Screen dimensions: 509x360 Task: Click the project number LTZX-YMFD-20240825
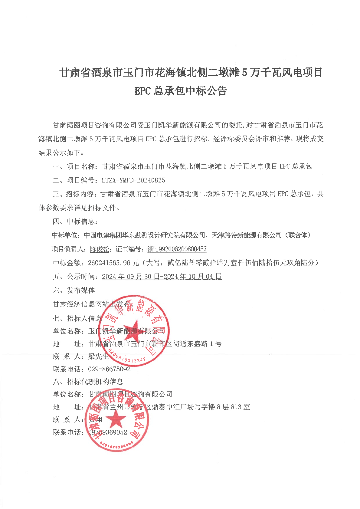pyautogui.click(x=133, y=180)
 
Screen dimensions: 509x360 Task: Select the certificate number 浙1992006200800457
pyautogui.click(x=177, y=249)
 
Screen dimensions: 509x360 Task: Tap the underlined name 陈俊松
pyautogui.click(x=100, y=249)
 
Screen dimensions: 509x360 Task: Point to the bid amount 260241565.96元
pyautogui.click(x=113, y=263)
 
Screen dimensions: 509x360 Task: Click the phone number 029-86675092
pyautogui.click(x=109, y=369)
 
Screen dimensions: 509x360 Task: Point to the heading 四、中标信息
pyautogui.click(x=75, y=222)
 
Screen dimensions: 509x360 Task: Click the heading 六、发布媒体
pyautogui.click(x=74, y=291)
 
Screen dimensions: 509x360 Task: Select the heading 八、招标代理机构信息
pyautogui.click(x=88, y=382)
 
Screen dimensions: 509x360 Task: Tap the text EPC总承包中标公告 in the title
pyautogui.click(x=181, y=90)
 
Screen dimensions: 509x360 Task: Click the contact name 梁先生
pyautogui.click(x=98, y=356)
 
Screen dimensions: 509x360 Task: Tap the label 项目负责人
pyautogui.click(x=69, y=249)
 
